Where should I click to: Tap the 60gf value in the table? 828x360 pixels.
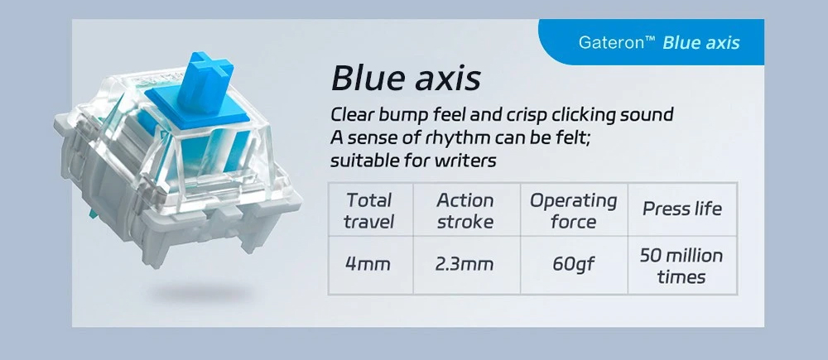574,265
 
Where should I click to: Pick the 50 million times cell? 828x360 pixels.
682,265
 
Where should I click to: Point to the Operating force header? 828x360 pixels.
574,209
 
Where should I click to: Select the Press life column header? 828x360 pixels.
682,209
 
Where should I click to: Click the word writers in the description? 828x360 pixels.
465,160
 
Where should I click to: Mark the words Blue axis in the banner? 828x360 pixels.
701,42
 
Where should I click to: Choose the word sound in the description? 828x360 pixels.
649,114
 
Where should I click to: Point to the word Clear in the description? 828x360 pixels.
350,114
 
